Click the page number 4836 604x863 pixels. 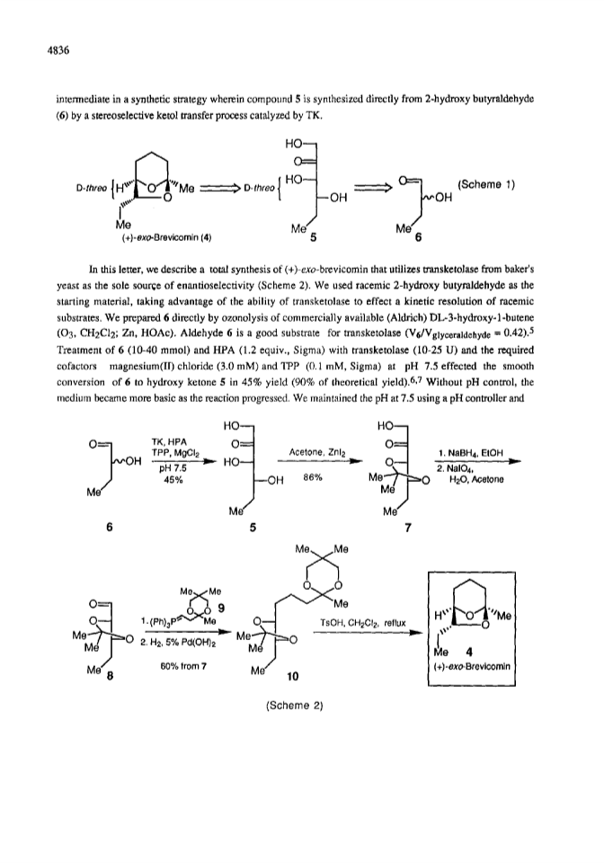[x=58, y=51]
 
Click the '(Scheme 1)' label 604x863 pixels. [x=485, y=184]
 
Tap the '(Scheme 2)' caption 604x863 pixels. [x=294, y=707]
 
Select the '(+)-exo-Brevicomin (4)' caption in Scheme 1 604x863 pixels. [x=166, y=237]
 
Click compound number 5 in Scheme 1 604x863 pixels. [x=313, y=238]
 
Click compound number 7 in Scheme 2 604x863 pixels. [x=407, y=528]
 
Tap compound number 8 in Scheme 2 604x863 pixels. [x=110, y=676]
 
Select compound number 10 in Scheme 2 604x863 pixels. [x=293, y=676]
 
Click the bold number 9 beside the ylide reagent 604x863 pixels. [x=220, y=609]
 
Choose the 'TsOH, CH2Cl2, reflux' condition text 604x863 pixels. [x=362, y=623]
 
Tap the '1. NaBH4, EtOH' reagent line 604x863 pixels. [x=470, y=453]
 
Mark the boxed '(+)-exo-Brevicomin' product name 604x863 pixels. [x=472, y=666]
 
